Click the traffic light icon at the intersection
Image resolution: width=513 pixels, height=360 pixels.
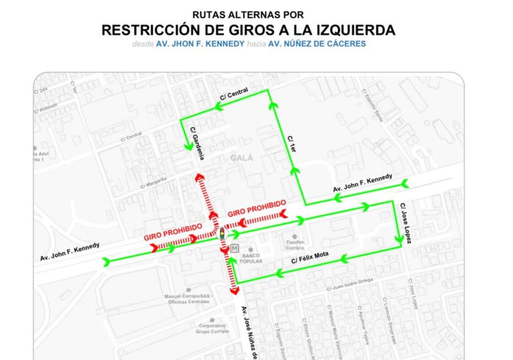click(223, 235)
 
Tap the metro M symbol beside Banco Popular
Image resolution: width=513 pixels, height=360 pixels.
click(235, 248)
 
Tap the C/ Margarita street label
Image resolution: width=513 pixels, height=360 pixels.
click(154, 184)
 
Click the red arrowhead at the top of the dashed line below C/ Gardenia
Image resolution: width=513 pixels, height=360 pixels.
click(199, 177)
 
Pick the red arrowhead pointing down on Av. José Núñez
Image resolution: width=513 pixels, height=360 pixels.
click(234, 290)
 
